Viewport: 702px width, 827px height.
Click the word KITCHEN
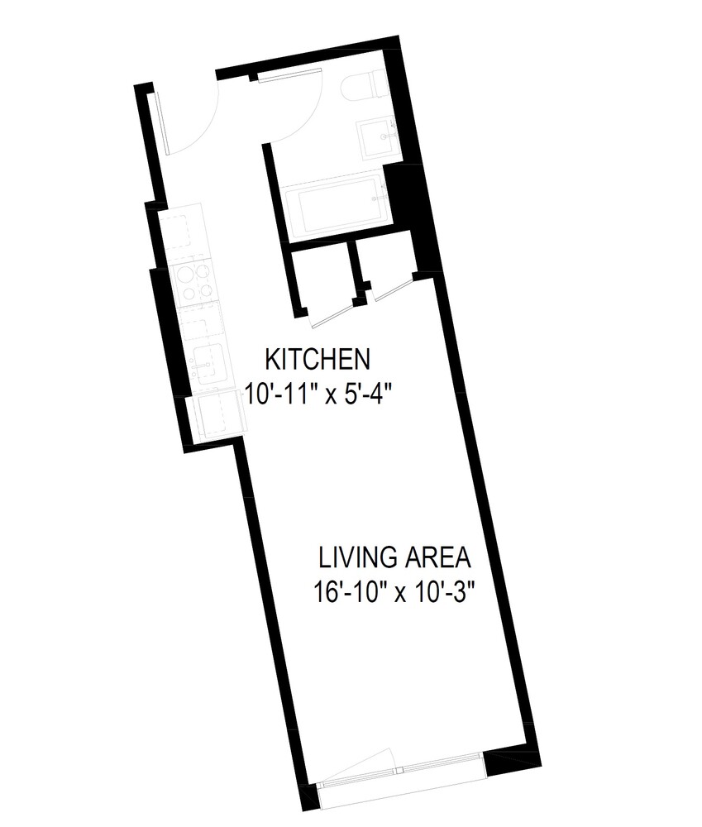(318, 360)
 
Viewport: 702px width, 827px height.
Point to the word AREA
(437, 558)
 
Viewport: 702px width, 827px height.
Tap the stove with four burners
(195, 282)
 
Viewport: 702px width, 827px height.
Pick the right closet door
(391, 286)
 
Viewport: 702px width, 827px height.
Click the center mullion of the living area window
(399, 769)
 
